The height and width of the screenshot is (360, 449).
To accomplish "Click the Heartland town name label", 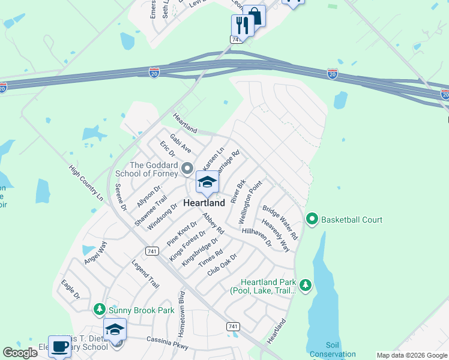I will coord(204,203).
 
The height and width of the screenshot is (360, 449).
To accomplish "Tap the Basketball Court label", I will coord(352,220).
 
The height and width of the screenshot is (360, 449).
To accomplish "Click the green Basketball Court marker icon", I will coord(312,220).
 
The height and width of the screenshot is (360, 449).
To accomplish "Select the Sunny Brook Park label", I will coord(141,310).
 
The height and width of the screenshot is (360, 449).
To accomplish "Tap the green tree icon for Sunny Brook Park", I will coord(100,310).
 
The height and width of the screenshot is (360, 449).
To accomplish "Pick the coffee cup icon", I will coord(59,346).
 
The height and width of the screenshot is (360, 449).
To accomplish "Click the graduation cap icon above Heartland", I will coord(207,182).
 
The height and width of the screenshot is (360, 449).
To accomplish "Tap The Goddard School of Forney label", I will coord(154,169).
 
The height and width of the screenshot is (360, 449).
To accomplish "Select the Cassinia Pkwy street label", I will coord(168,343).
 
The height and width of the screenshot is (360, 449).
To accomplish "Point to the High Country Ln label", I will coord(86,183).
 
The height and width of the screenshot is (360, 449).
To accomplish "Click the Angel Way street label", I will coord(95,253).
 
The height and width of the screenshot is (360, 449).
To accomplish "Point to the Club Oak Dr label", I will coord(222,264).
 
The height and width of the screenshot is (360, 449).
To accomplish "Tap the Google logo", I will coord(20,353).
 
